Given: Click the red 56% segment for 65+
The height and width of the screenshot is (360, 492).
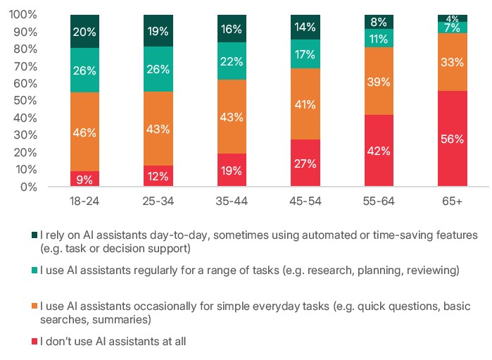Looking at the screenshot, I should pyautogui.click(x=452, y=139).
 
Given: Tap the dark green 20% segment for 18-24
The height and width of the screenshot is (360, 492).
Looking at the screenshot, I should pyautogui.click(x=84, y=31).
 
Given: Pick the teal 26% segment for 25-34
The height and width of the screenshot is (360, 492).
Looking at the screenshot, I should pyautogui.click(x=158, y=70).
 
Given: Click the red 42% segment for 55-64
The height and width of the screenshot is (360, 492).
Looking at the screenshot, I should pyautogui.click(x=379, y=151).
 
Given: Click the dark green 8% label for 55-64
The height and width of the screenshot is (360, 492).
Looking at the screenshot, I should pyautogui.click(x=379, y=21).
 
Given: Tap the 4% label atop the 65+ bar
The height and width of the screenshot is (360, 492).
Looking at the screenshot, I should pyautogui.click(x=452, y=18).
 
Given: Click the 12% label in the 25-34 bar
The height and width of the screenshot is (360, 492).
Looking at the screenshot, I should pyautogui.click(x=158, y=177).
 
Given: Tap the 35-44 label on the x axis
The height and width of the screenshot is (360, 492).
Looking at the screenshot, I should pyautogui.click(x=232, y=201).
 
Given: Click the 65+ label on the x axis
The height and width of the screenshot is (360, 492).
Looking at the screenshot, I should pyautogui.click(x=452, y=201).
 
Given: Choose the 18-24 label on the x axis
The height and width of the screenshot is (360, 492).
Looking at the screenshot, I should pyautogui.click(x=84, y=201).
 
